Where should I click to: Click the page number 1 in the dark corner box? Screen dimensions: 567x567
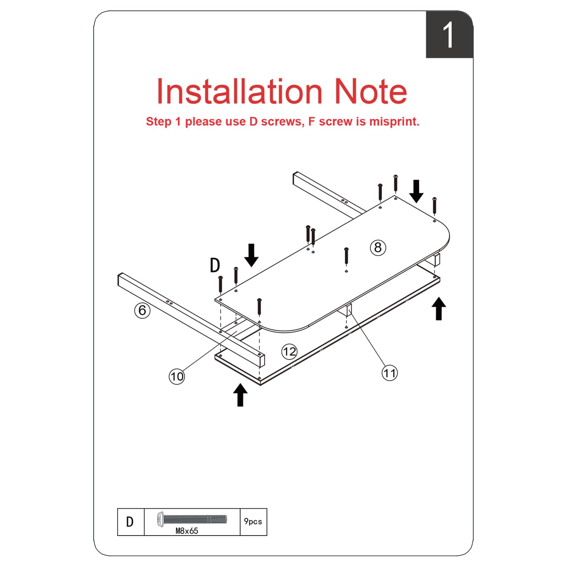point(448,35)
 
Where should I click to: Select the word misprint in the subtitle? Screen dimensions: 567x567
point(394,122)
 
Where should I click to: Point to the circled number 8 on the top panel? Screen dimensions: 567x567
point(378,247)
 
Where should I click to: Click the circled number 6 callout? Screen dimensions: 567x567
point(142,310)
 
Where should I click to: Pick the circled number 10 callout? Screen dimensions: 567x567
point(177,376)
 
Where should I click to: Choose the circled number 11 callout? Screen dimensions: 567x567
point(389,373)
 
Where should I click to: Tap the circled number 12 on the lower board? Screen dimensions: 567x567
point(289,352)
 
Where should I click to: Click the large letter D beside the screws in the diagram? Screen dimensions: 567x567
point(215,265)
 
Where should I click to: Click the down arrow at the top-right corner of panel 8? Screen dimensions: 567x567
point(416,191)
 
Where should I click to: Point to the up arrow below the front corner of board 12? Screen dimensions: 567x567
point(240,395)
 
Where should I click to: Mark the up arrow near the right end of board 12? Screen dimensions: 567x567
point(439,309)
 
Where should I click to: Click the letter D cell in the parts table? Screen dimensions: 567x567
point(130,522)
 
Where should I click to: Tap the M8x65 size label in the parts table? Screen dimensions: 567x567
point(187,530)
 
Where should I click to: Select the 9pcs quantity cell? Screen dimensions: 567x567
point(253,521)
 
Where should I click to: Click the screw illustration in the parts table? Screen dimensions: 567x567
point(191,519)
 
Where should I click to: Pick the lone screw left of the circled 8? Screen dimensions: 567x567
point(346,256)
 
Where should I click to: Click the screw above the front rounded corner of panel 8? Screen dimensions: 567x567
point(259,307)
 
